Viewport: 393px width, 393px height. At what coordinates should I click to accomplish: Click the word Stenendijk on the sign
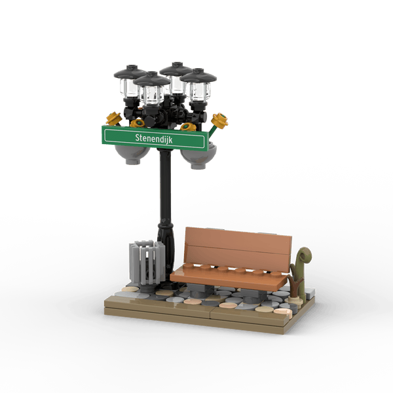click(x=154, y=138)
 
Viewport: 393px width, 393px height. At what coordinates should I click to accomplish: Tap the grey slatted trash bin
click(x=147, y=262)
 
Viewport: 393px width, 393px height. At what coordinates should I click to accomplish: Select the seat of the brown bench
click(x=229, y=277)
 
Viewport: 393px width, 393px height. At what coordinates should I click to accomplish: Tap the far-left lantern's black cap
click(x=130, y=72)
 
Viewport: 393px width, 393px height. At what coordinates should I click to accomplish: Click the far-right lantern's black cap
click(x=198, y=75)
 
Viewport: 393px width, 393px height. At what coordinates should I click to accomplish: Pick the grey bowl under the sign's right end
click(x=198, y=157)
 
